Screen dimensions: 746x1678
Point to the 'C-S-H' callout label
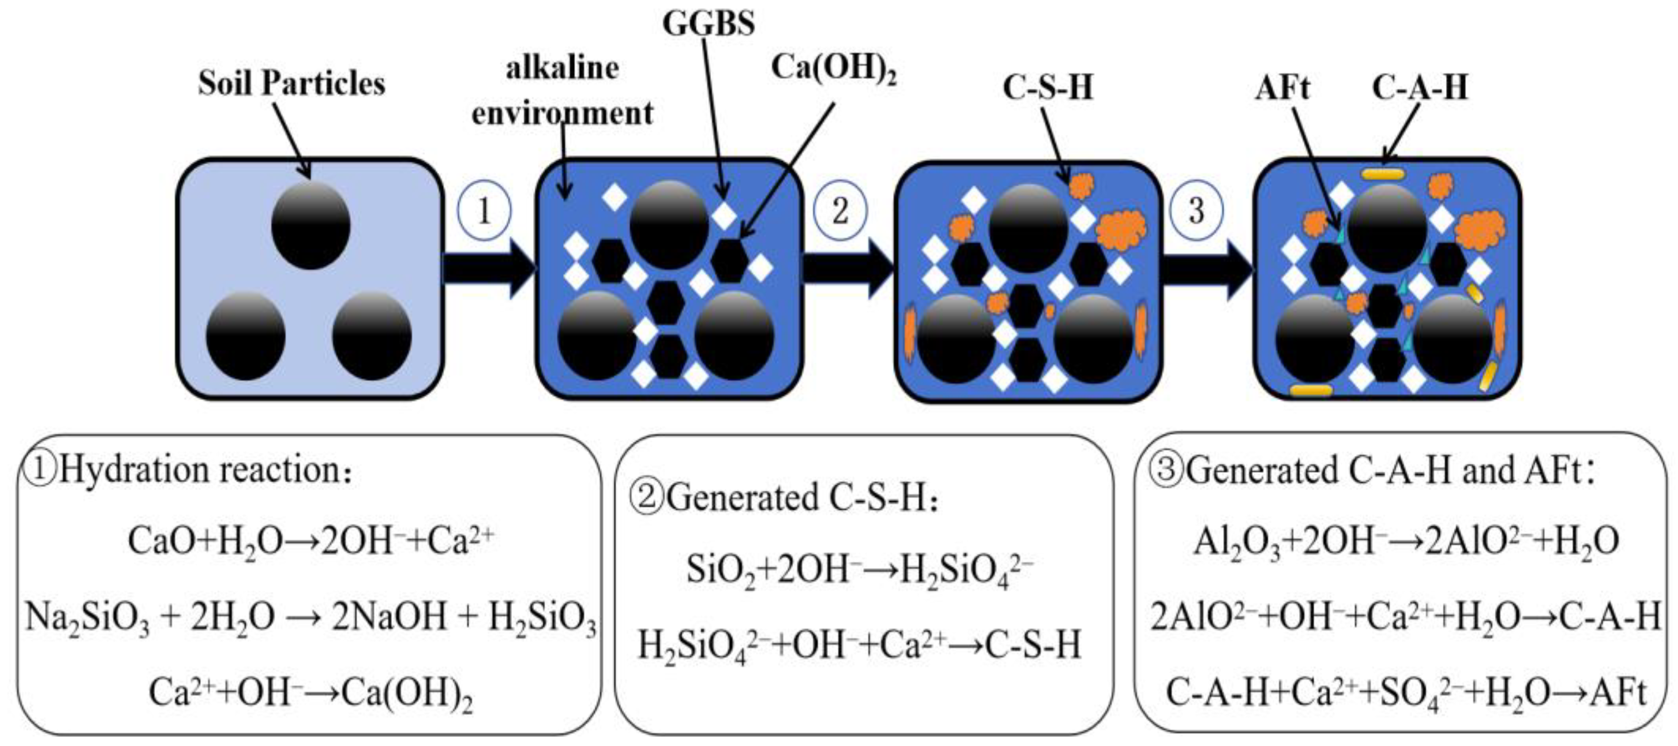tap(1048, 87)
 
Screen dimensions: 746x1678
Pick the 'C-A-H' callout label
tap(1420, 87)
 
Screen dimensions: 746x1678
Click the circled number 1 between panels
tap(484, 211)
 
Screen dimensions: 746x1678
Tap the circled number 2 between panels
tap(840, 211)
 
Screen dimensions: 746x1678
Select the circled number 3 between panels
tap(1197, 211)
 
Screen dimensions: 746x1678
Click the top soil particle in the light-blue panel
tap(311, 225)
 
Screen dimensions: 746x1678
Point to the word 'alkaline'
tap(563, 68)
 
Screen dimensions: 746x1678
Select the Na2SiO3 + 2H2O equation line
tap(311, 618)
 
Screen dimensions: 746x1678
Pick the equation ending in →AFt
tap(1406, 693)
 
